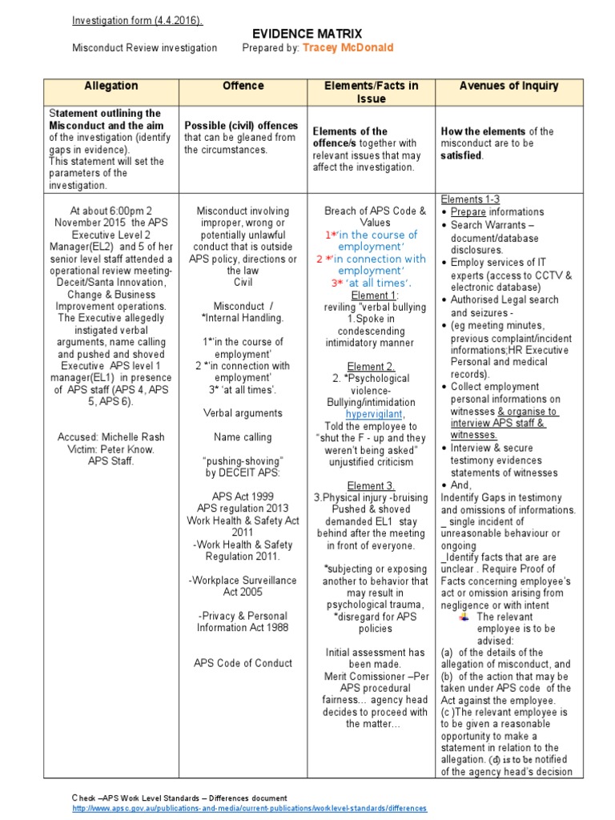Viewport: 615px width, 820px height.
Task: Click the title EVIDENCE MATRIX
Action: (x=308, y=33)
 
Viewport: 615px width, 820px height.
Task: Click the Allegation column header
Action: (x=111, y=86)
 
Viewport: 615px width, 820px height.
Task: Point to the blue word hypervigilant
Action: (x=370, y=414)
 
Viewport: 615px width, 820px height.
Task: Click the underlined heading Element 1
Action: (x=370, y=295)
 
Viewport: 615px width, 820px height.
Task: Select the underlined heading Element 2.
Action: (x=370, y=367)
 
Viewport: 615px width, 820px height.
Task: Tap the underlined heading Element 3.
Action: (x=370, y=485)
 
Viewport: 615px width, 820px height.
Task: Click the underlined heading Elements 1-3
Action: (x=472, y=199)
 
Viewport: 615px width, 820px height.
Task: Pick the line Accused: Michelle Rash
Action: (x=111, y=437)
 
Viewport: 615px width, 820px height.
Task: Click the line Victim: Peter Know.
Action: (x=111, y=449)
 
